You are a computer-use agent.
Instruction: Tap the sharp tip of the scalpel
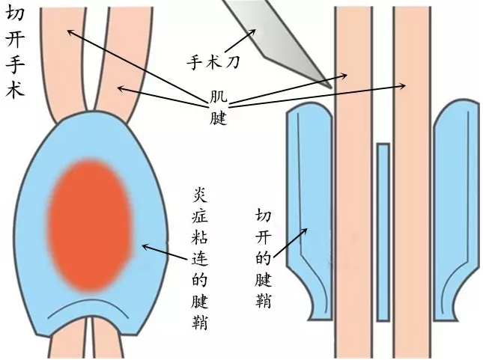330,87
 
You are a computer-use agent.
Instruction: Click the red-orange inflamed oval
90,225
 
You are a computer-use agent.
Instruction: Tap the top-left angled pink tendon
67,52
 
